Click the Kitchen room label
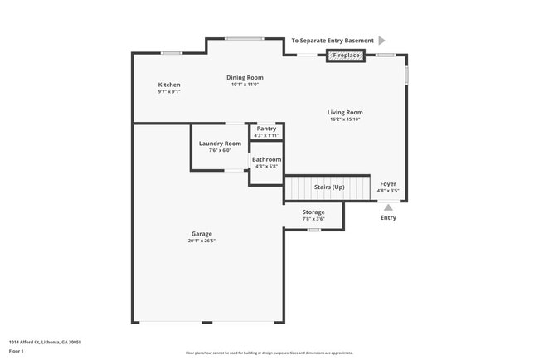[169, 85]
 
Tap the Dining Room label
[245, 77]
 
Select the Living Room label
[345, 112]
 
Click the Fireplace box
[346, 56]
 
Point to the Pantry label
[266, 129]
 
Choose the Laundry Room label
[220, 144]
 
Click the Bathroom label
[266, 159]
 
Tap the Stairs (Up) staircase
[328, 188]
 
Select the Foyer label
[388, 183]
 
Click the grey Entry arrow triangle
[388, 207]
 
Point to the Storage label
[313, 212]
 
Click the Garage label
[202, 234]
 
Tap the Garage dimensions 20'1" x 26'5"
[202, 241]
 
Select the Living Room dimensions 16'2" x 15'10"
[345, 119]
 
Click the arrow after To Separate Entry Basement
[381, 40]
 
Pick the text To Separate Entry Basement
[331, 40]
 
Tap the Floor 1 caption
[17, 351]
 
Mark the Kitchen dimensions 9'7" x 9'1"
[169, 92]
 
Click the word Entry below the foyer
[388, 218]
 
